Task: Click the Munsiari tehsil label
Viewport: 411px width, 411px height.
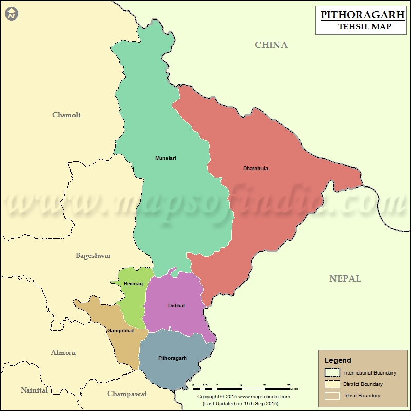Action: pos(165,158)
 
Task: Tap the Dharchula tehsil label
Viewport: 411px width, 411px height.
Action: pos(255,168)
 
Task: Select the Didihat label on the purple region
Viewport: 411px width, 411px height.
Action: pos(176,306)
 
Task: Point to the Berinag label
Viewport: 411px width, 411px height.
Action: pos(133,283)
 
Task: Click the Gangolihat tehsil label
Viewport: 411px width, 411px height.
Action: pos(120,330)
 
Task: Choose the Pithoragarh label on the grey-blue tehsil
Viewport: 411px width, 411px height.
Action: pos(173,358)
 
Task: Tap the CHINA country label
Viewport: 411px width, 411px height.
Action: pos(271,45)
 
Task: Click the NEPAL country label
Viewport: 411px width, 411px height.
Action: pos(345,278)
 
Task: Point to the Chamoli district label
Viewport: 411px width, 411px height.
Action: pos(66,115)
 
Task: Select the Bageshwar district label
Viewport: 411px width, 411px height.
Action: pos(93,255)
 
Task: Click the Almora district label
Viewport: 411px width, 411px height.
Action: pos(63,352)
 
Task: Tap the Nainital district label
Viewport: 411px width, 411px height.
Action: pos(34,390)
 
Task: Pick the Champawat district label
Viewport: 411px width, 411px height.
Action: pos(127,394)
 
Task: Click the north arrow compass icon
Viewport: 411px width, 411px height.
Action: pos(12,14)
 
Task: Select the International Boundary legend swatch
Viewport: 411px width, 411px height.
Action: pos(332,372)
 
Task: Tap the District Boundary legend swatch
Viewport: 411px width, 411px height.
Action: pos(332,384)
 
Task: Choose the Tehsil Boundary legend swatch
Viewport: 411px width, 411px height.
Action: pos(332,396)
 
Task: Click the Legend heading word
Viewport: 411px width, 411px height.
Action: pos(338,360)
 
